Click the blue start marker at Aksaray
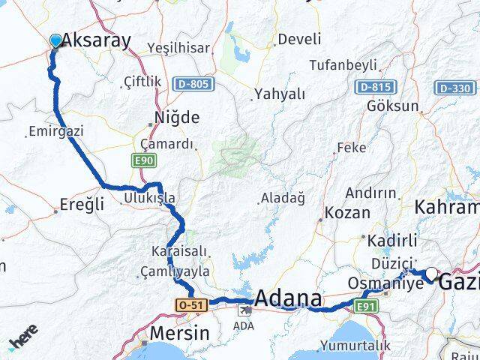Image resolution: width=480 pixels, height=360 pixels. click(55, 40)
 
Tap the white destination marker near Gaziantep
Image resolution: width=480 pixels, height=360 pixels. click(432, 274)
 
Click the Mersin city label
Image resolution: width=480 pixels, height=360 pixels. click(179, 333)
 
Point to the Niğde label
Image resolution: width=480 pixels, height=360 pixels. click(176, 118)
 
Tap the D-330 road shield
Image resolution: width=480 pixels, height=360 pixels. click(454, 88)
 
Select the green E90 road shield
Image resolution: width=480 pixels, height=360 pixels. click(144, 160)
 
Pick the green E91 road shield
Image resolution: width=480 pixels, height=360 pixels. click(365, 306)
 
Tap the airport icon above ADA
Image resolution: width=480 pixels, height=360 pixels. click(244, 308)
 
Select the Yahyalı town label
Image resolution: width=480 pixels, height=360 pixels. click(280, 94)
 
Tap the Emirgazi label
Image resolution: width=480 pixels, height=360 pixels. click(55, 131)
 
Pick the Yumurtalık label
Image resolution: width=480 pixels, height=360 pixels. click(355, 346)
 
